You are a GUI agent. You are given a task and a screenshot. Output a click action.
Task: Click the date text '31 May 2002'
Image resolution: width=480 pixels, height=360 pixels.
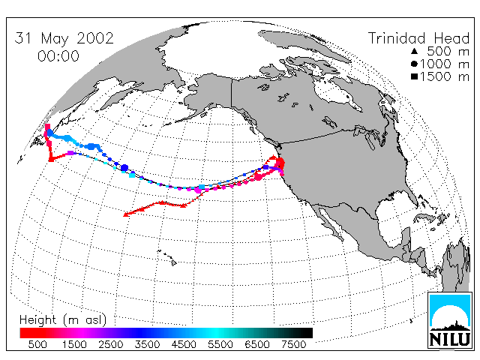tap(64, 38)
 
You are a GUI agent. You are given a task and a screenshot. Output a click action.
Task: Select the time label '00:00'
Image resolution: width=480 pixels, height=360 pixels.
tap(58, 56)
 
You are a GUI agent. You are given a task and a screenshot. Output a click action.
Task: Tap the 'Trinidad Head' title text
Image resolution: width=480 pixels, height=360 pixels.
tap(418, 38)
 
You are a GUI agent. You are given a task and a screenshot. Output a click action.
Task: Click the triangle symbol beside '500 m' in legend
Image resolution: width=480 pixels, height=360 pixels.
tap(414, 51)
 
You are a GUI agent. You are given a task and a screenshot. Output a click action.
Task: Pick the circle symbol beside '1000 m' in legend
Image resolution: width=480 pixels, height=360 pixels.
tap(414, 64)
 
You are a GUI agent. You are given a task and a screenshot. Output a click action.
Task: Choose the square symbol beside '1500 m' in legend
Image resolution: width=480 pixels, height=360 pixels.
tap(414, 76)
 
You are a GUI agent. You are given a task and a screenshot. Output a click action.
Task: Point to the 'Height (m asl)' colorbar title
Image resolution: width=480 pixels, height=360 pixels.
tap(63, 320)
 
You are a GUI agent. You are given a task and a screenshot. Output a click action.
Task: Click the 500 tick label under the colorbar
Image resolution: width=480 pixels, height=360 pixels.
tap(37, 344)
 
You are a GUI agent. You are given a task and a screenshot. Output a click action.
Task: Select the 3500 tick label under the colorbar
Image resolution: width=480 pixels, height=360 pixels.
tap(147, 344)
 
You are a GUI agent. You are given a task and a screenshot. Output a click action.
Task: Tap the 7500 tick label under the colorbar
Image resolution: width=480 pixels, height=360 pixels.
tap(293, 344)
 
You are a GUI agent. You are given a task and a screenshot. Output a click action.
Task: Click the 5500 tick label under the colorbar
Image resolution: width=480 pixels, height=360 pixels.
tap(220, 344)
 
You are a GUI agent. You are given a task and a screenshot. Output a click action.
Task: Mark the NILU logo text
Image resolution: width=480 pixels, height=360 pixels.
tap(450, 339)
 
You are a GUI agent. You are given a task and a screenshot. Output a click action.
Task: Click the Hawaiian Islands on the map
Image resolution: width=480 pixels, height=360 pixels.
tap(167, 257)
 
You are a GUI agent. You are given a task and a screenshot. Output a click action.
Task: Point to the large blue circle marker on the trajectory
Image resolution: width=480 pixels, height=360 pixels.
tap(124, 168)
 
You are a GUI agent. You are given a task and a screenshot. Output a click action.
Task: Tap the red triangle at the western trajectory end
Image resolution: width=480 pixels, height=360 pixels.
tap(125, 214)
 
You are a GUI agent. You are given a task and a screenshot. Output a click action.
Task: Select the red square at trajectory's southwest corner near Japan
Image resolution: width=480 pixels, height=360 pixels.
tap(52, 159)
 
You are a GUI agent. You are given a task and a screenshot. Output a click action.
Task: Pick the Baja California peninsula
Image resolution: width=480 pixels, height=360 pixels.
tap(330, 222)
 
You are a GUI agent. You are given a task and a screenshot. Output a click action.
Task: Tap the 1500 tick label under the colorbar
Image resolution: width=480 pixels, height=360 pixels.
tap(74, 344)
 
